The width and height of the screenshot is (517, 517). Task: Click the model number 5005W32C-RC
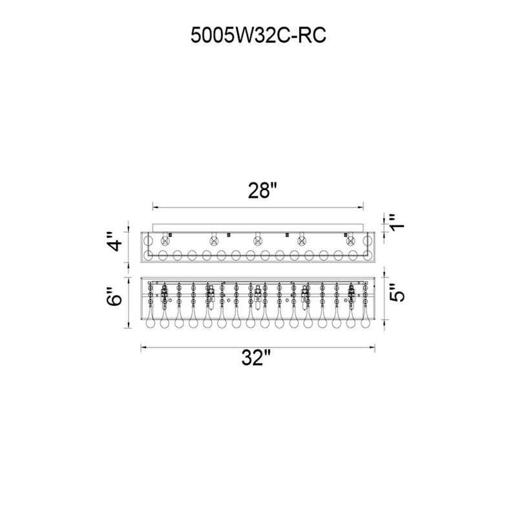tap(258, 35)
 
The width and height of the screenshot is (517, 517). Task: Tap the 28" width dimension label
tap(262, 190)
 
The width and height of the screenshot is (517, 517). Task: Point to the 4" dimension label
tap(116, 241)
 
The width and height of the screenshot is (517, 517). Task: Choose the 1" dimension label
tap(397, 222)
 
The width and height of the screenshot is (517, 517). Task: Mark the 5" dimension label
tap(397, 293)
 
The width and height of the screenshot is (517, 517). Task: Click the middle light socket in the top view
tap(257, 241)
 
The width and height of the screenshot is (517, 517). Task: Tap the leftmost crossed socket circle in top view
tap(165, 241)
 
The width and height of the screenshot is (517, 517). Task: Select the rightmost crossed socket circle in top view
tap(350, 241)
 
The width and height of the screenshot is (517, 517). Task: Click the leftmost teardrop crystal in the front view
tap(150, 320)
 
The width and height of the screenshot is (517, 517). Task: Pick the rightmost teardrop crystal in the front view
tap(364, 320)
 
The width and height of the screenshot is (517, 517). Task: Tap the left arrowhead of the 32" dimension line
tap(144, 347)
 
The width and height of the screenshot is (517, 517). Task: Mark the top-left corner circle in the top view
tap(147, 240)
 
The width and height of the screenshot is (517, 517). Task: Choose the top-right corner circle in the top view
tap(367, 240)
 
